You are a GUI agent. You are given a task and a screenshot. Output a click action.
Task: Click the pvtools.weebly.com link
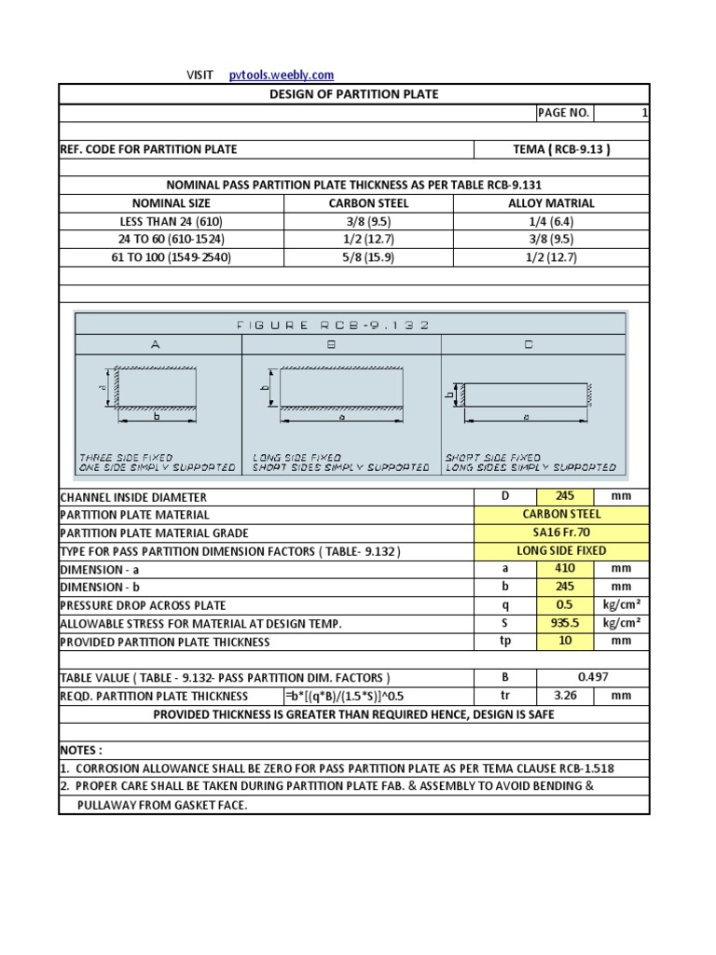281,76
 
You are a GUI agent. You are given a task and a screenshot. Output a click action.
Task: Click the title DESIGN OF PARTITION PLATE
353,94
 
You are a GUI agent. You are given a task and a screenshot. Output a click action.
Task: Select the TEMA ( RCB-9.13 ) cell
561,149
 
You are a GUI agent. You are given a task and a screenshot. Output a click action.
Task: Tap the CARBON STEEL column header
368,203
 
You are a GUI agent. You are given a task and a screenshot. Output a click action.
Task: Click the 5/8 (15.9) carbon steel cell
368,257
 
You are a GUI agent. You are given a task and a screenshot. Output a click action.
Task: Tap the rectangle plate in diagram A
157,387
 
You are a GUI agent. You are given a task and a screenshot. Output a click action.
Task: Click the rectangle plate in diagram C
526,394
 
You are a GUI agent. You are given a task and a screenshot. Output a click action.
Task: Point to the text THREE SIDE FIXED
126,458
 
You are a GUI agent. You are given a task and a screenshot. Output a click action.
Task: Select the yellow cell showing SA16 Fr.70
561,533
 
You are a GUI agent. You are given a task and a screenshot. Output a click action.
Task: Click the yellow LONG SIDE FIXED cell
561,550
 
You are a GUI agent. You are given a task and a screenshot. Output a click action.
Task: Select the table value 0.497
593,677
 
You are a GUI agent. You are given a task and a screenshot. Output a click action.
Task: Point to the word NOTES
81,750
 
